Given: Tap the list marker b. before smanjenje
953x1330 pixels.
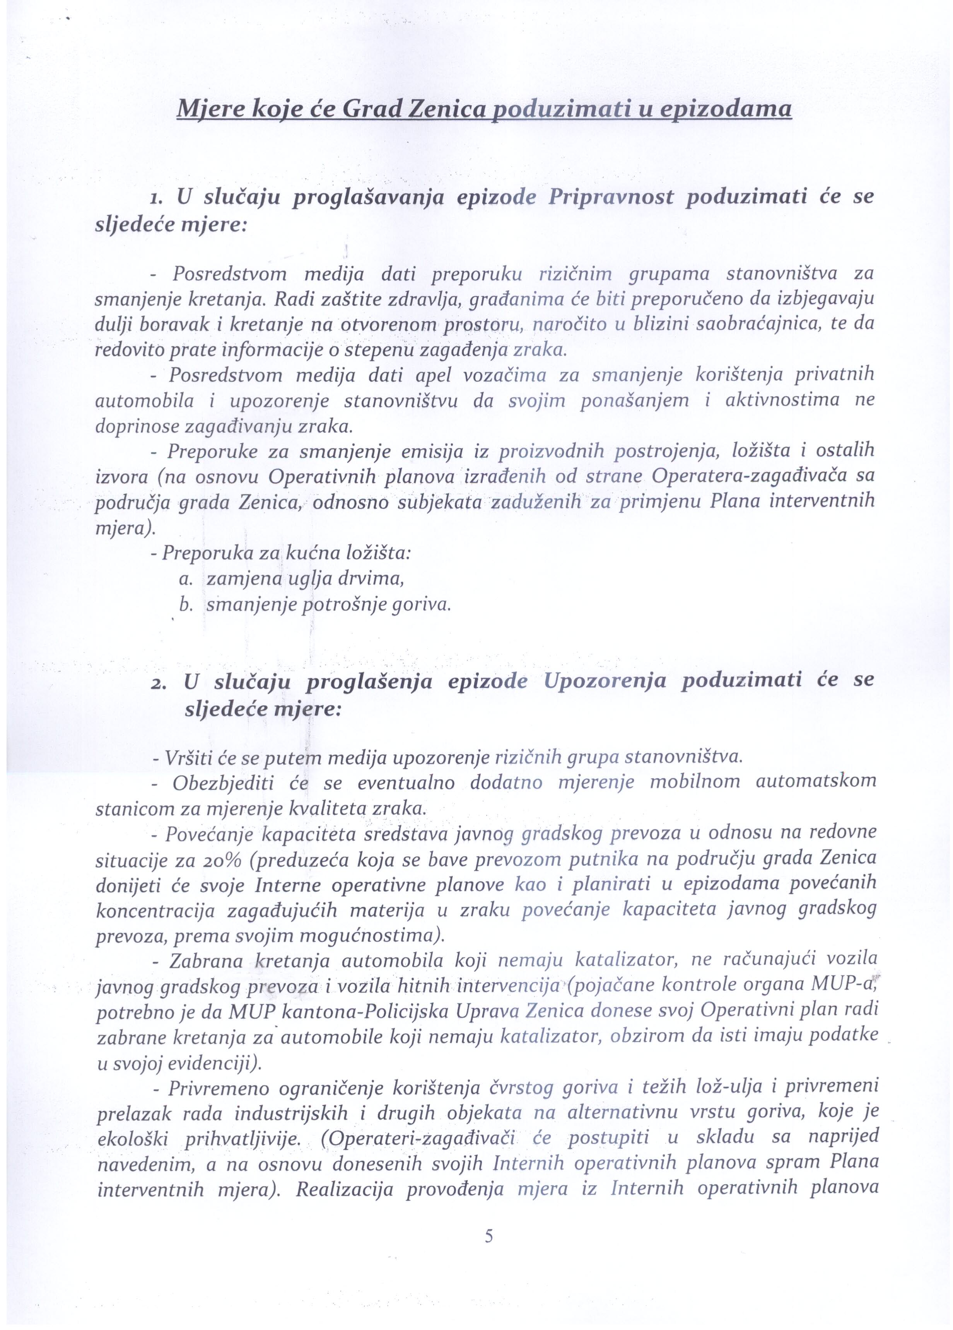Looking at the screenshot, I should tap(186, 605).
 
